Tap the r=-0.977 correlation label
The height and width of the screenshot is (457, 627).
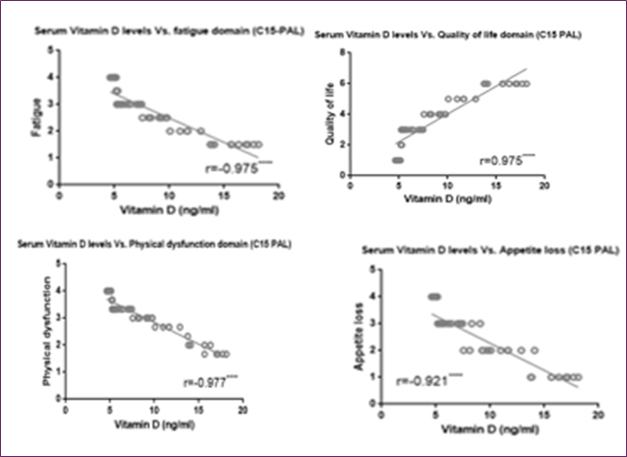[206, 383]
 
